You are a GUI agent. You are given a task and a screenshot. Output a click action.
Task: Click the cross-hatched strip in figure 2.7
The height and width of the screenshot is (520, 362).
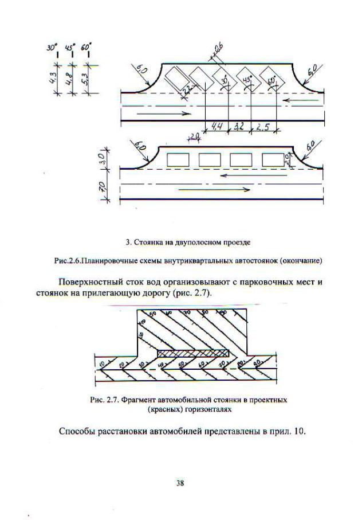click(x=192, y=354)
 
